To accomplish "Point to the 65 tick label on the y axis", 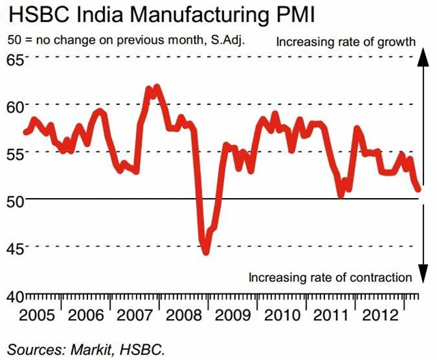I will click(14, 58).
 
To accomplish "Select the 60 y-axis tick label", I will click(14, 106).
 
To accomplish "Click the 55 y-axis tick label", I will click(14, 153).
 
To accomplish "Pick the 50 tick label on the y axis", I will click(14, 200).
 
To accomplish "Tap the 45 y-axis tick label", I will click(14, 247).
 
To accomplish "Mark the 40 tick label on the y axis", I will click(14, 296).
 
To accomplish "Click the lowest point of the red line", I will click(206, 252).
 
